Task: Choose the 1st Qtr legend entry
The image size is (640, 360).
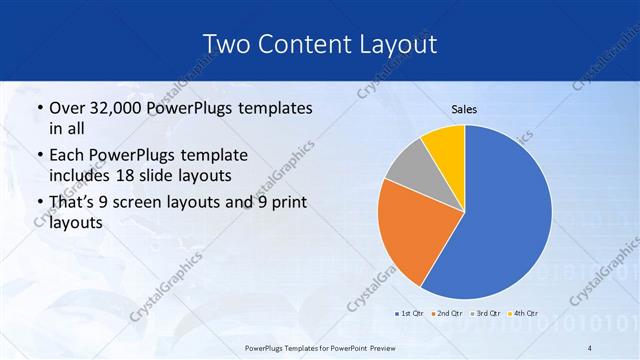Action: tap(409, 313)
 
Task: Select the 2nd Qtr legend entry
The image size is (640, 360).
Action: tap(447, 313)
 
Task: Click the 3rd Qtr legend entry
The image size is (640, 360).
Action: tap(487, 313)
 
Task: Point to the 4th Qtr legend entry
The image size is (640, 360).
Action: tap(525, 313)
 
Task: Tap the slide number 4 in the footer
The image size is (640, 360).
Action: tap(590, 347)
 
